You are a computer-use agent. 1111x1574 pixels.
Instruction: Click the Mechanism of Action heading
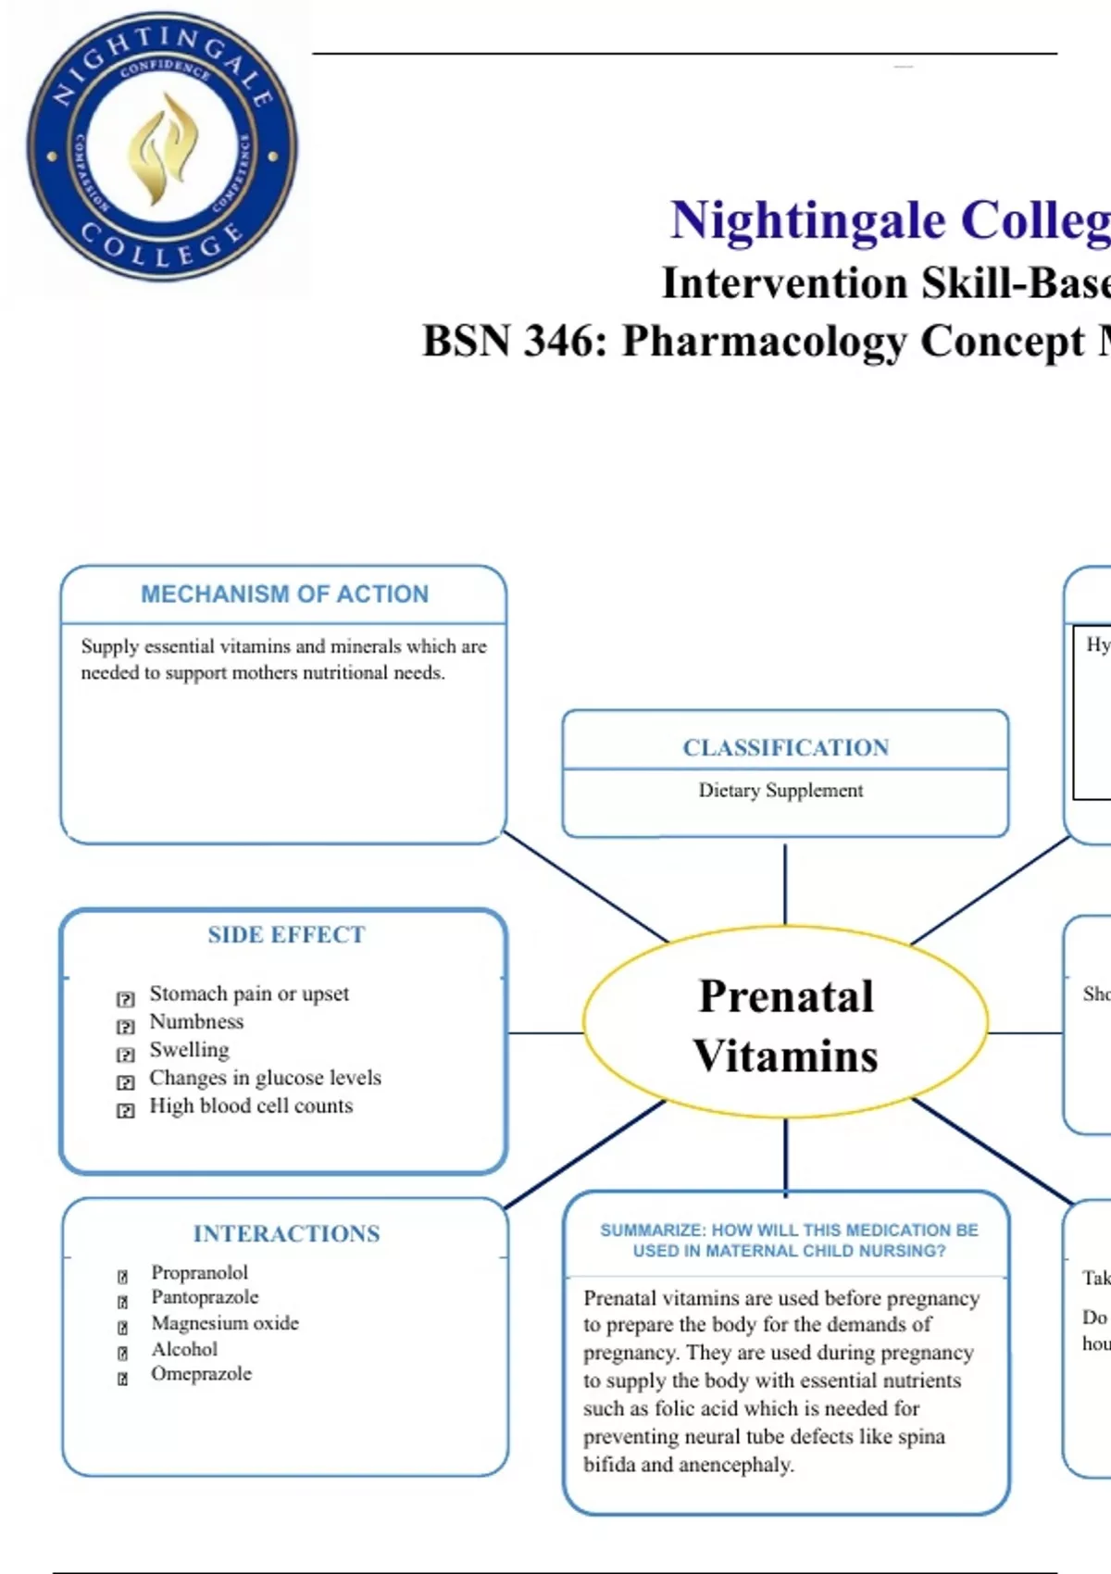coord(284,594)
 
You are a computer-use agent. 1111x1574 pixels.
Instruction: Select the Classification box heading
coord(785,747)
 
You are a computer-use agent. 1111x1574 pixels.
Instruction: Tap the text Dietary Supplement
coord(780,791)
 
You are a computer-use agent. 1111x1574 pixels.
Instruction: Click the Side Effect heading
coord(286,935)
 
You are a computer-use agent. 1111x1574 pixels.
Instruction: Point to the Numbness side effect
coord(196,1022)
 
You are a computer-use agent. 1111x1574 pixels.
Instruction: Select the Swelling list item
coord(189,1050)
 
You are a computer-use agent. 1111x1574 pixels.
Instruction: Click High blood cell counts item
coord(251,1106)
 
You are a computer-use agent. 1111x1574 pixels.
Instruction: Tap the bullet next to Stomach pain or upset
coord(126,999)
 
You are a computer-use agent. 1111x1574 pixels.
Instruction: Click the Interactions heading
coord(286,1234)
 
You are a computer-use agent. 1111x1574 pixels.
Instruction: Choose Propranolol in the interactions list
coord(199,1272)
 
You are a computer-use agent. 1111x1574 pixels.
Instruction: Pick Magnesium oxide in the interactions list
coord(225,1323)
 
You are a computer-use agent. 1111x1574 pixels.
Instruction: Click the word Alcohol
coord(184,1349)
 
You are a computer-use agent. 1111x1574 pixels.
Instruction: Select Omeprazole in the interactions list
coord(201,1374)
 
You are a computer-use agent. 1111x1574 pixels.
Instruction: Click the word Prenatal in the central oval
coord(786,996)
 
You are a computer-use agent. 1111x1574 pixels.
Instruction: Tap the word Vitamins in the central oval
coord(786,1056)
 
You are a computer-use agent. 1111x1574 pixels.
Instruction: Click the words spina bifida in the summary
coord(898,1438)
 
